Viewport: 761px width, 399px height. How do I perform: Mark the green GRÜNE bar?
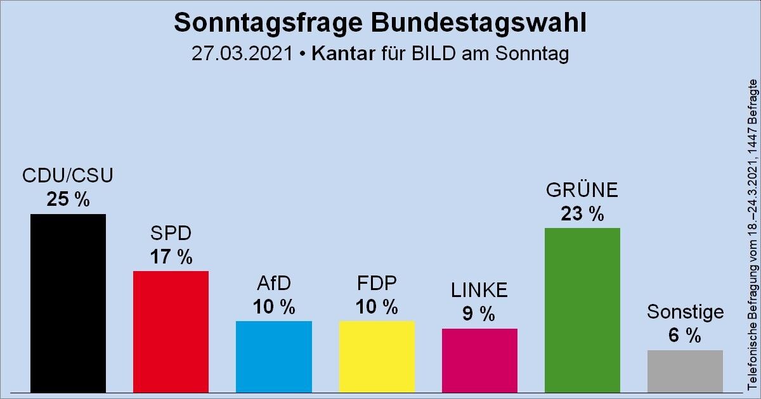(x=582, y=310)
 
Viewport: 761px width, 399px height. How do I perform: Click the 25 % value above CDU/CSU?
(x=68, y=199)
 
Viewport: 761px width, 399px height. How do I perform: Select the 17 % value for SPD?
(x=171, y=256)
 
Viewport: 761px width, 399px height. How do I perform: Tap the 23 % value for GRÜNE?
(x=582, y=214)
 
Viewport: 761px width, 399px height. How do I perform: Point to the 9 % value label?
(x=479, y=314)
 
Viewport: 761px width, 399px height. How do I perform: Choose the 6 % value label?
(x=685, y=336)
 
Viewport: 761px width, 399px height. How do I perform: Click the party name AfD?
(x=273, y=283)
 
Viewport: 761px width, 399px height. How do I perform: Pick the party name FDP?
(x=377, y=283)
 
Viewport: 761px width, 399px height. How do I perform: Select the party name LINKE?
(x=479, y=290)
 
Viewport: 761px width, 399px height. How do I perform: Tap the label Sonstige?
(x=685, y=312)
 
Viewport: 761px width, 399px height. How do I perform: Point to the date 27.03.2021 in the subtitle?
(x=242, y=54)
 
